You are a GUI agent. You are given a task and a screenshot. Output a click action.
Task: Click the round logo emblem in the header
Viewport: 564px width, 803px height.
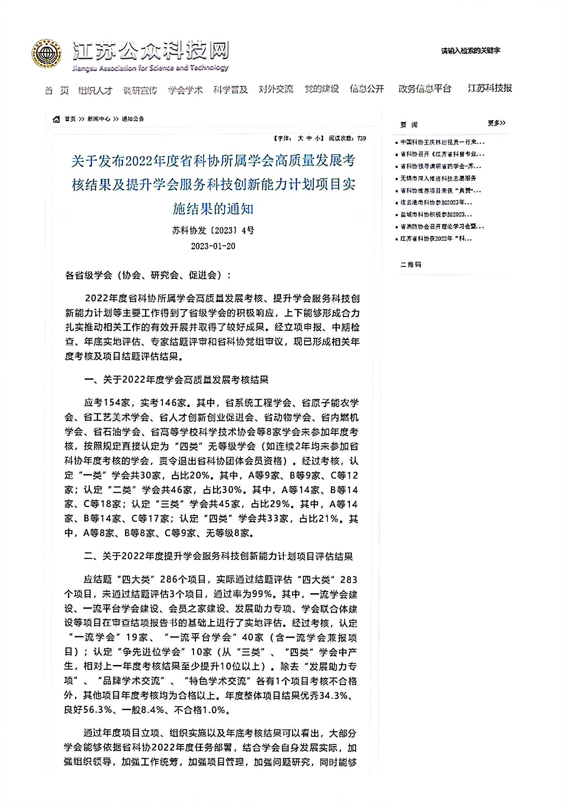pyautogui.click(x=47, y=54)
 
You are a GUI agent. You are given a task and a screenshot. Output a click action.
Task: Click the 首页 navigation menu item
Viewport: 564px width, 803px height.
pyautogui.click(x=57, y=90)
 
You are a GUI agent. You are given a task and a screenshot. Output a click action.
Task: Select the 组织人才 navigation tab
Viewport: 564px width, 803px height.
pyautogui.click(x=95, y=90)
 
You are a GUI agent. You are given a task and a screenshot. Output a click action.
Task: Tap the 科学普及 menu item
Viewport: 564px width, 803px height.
pyautogui.click(x=231, y=89)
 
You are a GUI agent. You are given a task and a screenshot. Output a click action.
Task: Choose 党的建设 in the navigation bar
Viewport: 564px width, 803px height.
pyautogui.click(x=321, y=89)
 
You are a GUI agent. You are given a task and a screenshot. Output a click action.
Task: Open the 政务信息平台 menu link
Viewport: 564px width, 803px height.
pyautogui.click(x=425, y=88)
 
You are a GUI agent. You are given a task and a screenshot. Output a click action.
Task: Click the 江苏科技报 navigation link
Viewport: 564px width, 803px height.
pyautogui.click(x=490, y=88)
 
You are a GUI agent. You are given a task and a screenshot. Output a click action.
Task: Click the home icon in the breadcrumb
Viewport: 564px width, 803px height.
pyautogui.click(x=56, y=119)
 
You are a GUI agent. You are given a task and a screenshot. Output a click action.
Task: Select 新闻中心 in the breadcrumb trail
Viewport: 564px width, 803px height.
pyautogui.click(x=98, y=119)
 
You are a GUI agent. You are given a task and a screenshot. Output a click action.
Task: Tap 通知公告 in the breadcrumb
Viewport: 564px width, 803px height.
pyautogui.click(x=133, y=119)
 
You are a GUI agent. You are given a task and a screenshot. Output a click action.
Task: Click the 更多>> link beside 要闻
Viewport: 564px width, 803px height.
pyautogui.click(x=496, y=123)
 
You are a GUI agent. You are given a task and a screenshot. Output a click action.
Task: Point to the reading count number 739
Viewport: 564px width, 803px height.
pyautogui.click(x=362, y=138)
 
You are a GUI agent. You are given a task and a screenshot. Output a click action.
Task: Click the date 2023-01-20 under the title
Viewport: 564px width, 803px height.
pyautogui.click(x=213, y=246)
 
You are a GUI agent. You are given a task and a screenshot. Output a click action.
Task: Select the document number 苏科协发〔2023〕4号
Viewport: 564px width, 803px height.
pyautogui.click(x=213, y=231)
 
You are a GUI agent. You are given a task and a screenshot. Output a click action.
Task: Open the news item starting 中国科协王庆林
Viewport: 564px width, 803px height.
pyautogui.click(x=442, y=143)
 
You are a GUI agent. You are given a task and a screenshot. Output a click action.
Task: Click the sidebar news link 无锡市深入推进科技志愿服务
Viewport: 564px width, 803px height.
pyautogui.click(x=438, y=178)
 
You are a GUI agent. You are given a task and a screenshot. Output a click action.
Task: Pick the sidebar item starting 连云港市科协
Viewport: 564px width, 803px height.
pyautogui.click(x=436, y=202)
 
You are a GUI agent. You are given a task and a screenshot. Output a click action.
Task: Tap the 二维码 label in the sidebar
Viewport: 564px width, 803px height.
pyautogui.click(x=411, y=265)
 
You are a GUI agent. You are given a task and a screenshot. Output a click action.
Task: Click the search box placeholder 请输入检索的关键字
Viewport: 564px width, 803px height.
pyautogui.click(x=470, y=51)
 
